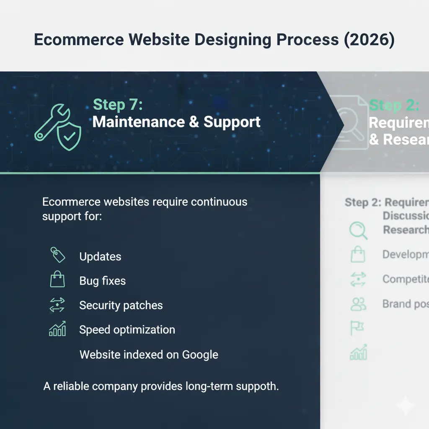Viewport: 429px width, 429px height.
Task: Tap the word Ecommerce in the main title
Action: coord(79,40)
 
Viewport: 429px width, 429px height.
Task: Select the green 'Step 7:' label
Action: coord(118,105)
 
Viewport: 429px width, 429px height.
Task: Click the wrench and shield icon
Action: coord(58,127)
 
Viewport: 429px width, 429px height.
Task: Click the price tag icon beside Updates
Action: coord(57,255)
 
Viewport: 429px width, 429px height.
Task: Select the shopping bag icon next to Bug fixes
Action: coord(57,279)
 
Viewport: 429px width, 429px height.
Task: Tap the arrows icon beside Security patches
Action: coord(57,305)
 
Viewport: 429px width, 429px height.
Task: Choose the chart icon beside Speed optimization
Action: coord(57,329)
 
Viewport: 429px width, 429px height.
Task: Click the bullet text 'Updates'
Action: coord(100,257)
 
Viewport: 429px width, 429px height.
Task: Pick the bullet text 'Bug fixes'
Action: coord(102,281)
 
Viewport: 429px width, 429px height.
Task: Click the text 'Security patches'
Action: coord(121,305)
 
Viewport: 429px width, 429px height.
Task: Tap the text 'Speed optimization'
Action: coord(127,330)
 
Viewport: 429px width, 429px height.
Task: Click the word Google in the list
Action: coord(200,355)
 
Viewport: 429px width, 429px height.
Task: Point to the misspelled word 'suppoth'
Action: coord(257,386)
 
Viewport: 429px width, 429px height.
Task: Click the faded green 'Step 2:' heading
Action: coord(394,105)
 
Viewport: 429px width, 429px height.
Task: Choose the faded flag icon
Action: coord(357,328)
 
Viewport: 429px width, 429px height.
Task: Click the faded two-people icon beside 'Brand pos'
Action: coord(358,304)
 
